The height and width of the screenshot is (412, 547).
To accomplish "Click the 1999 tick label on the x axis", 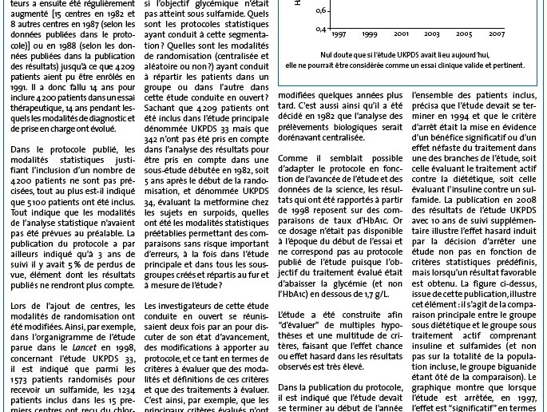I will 369,34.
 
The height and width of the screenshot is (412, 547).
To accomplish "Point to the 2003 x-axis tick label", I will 431,34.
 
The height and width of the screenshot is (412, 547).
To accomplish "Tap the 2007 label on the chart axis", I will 496,34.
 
